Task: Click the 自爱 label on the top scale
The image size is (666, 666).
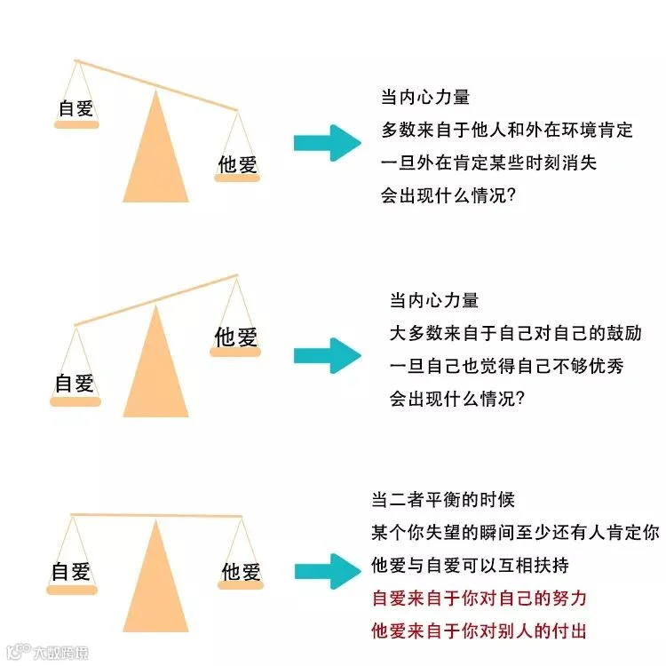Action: click(75, 108)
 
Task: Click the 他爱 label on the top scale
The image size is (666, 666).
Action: click(237, 163)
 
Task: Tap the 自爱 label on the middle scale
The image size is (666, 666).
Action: click(75, 384)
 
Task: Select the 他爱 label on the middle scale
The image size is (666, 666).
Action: click(235, 337)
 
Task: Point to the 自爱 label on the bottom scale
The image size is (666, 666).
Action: click(73, 570)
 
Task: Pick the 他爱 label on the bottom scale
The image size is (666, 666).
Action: click(241, 571)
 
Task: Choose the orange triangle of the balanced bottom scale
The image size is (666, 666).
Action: click(156, 582)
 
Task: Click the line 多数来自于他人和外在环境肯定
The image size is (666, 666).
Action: click(507, 131)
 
